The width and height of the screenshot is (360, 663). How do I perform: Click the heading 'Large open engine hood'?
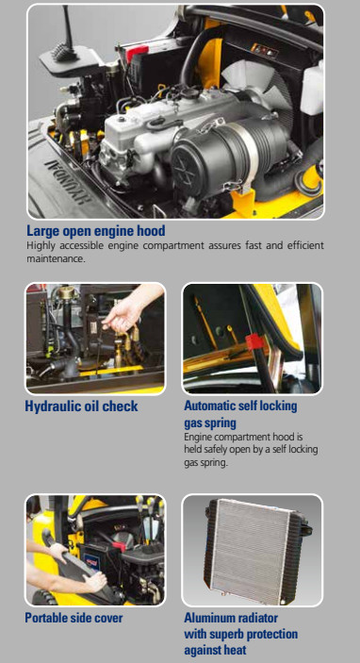click(x=96, y=231)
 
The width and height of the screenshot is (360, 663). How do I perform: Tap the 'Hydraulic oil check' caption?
click(x=82, y=406)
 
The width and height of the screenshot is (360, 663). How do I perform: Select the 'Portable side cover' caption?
click(x=74, y=618)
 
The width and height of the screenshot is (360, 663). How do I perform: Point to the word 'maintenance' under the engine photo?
click(x=55, y=258)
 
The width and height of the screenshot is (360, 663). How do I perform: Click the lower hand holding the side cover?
click(x=94, y=581)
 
